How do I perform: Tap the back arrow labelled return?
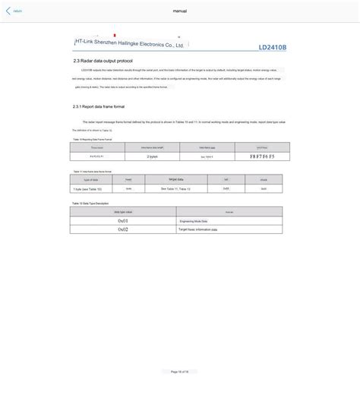(x=13, y=11)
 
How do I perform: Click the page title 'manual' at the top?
(x=180, y=11)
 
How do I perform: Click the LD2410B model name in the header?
(x=272, y=46)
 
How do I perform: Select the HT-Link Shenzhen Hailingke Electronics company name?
(x=130, y=45)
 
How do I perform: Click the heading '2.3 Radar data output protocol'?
(x=103, y=60)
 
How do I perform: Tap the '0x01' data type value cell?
(x=123, y=221)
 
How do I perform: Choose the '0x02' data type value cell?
(x=123, y=229)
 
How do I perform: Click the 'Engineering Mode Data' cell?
(x=198, y=221)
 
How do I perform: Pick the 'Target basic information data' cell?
(x=198, y=229)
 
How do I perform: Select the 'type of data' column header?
(x=90, y=179)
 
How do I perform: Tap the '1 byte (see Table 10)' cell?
(x=90, y=188)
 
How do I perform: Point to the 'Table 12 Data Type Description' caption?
(x=90, y=203)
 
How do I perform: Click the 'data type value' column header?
(x=123, y=212)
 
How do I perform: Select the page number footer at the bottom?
(x=179, y=371)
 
